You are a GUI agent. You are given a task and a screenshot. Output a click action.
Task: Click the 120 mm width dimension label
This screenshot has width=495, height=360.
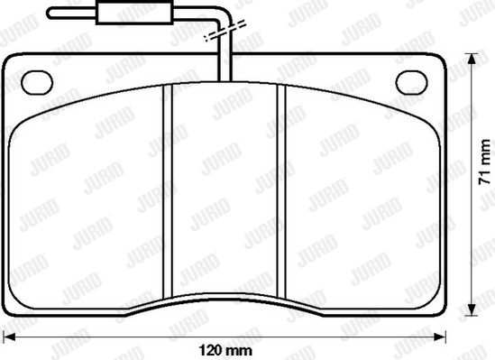(225, 350)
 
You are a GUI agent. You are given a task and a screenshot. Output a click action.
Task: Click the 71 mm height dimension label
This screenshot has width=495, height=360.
(484, 162)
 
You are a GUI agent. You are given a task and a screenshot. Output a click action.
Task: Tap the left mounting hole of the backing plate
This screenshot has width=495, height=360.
(37, 83)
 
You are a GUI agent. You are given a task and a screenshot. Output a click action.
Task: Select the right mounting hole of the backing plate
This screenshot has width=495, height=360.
(412, 83)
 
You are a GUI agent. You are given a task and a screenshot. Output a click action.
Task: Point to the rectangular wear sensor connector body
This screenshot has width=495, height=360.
(134, 13)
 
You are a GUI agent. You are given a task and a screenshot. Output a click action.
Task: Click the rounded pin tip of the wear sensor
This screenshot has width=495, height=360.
(50, 14)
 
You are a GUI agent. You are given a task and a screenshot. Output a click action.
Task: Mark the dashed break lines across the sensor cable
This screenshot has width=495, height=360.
(225, 31)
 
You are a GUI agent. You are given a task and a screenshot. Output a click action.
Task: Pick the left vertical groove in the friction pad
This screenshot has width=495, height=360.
(168, 191)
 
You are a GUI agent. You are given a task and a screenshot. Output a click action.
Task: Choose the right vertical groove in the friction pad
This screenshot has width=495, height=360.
(281, 191)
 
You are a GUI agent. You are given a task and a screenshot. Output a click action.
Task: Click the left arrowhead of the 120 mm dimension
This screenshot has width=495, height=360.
(9, 337)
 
